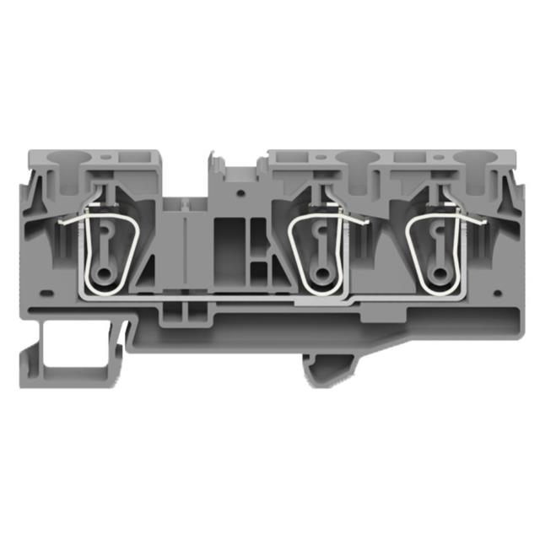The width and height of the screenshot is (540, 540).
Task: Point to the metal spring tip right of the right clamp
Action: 483,222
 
